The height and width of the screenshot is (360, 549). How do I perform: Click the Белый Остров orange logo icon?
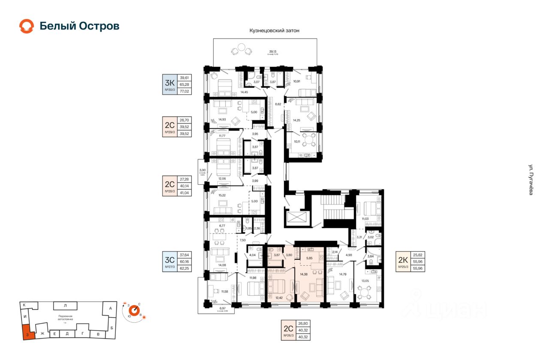pyautogui.click(x=26, y=26)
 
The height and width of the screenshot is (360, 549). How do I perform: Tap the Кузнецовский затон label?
pyautogui.click(x=274, y=31)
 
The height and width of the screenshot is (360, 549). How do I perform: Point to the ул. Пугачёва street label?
pyautogui.click(x=531, y=180)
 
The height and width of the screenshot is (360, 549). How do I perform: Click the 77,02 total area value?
pyautogui.click(x=184, y=91)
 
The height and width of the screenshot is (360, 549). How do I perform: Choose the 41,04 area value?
pyautogui.click(x=184, y=193)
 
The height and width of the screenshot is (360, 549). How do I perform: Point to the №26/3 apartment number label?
pyautogui.click(x=288, y=336)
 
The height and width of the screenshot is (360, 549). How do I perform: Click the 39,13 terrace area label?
pyautogui.click(x=273, y=51)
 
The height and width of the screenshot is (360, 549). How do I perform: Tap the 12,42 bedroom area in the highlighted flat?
pyautogui.click(x=279, y=297)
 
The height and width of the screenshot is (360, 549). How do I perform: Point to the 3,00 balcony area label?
pyautogui.click(x=203, y=171)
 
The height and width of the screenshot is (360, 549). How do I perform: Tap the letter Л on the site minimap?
pyautogui.click(x=65, y=306)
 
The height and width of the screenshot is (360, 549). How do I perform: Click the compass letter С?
pyautogui.click(x=139, y=304)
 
